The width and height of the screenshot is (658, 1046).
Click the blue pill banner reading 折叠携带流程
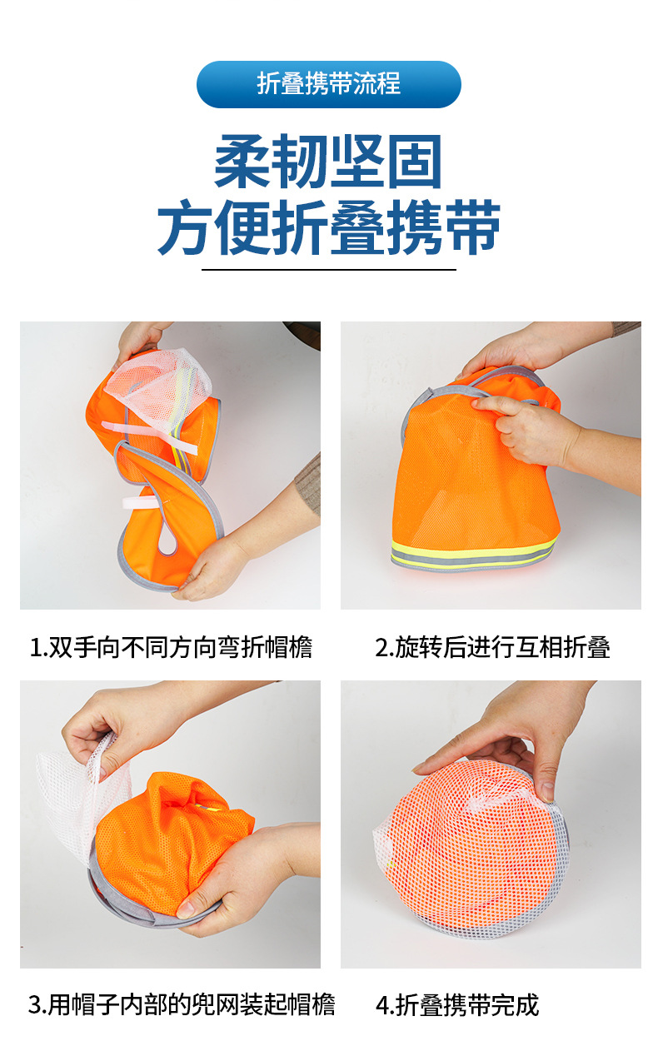click(329, 84)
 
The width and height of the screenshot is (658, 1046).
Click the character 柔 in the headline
click(243, 162)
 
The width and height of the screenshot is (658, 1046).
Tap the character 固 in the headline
click(415, 162)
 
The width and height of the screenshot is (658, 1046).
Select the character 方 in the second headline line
click(185, 227)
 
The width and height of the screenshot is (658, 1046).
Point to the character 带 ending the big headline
click(473, 227)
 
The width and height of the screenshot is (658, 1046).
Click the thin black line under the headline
click(329, 270)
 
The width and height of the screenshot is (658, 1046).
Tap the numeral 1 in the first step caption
click(34, 648)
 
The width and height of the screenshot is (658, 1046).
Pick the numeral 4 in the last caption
click(382, 1005)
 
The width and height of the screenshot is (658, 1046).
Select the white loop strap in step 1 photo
click(141, 503)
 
